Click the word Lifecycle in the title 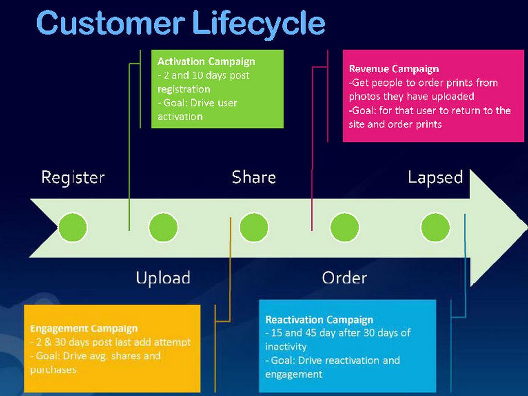tap(259, 23)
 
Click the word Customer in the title tap(110, 23)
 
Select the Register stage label tap(73, 177)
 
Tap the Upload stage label tap(163, 278)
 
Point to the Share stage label tap(254, 177)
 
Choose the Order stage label tap(344, 278)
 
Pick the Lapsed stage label tap(435, 177)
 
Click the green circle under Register tap(73, 227)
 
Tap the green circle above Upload tap(163, 227)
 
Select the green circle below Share tap(254, 227)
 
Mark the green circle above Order tap(344, 227)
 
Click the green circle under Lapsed tap(435, 227)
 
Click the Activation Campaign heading tap(206, 61)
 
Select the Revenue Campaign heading tap(394, 69)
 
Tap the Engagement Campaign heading tap(84, 328)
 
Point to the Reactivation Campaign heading tap(319, 320)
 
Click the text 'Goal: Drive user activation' tap(197, 109)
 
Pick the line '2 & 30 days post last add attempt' tap(110, 342)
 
